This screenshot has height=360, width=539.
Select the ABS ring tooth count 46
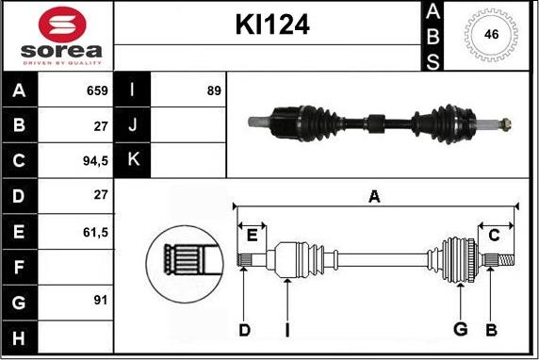(x=490, y=33)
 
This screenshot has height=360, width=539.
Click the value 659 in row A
(x=96, y=91)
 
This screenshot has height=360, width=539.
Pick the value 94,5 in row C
(x=94, y=160)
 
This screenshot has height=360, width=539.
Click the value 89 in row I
(x=213, y=91)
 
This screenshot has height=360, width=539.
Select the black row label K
(x=132, y=160)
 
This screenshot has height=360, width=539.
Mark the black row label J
(x=132, y=125)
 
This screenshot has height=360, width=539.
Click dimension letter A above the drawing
(x=374, y=196)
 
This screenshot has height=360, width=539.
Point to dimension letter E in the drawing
(x=253, y=235)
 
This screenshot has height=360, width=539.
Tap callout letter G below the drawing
(x=460, y=329)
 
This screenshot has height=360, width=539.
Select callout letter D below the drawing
(x=243, y=329)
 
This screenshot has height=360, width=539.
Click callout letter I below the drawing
(x=286, y=329)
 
